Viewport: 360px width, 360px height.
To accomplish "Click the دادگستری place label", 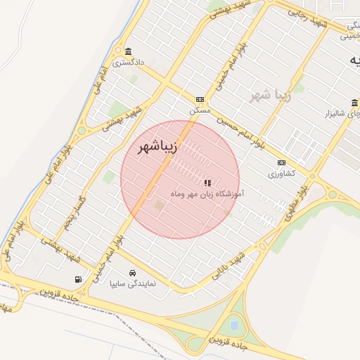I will pyautogui.click(x=129, y=63).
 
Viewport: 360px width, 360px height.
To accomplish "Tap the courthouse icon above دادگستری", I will pyautogui.click(x=128, y=52).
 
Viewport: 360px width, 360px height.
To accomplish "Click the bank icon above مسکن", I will pyautogui.click(x=200, y=100).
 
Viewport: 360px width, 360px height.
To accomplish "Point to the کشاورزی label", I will pyautogui.click(x=281, y=173).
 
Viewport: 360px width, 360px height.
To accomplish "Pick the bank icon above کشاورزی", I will pyautogui.click(x=281, y=162).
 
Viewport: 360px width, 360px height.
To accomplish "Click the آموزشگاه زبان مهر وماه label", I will pyautogui.click(x=207, y=192).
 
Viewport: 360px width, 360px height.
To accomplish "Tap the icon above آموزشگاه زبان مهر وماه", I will pyautogui.click(x=207, y=182).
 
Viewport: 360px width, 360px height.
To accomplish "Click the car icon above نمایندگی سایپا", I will pyautogui.click(x=132, y=273).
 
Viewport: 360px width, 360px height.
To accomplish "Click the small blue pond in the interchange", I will pyautogui.click(x=233, y=326).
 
